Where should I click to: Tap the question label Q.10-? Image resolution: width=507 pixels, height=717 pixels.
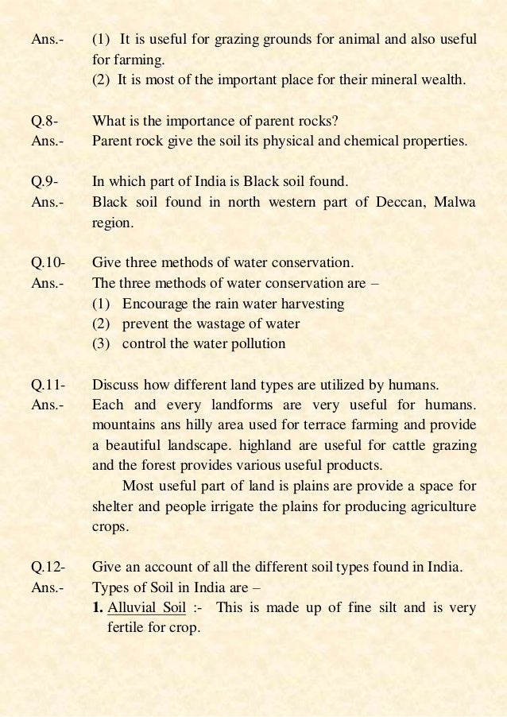47,262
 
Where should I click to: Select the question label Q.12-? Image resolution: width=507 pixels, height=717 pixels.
47,568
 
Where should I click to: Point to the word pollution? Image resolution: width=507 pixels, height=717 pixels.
256,344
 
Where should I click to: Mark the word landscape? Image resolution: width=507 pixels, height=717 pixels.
198,445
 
